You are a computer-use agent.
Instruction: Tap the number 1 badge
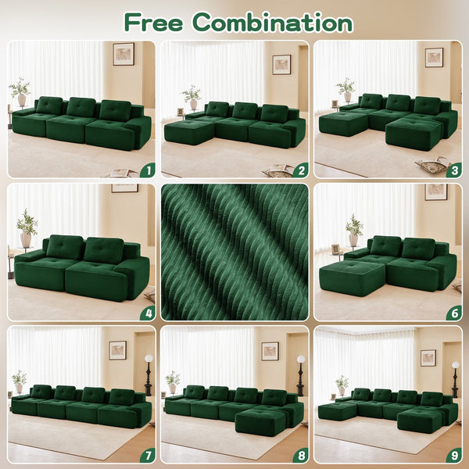(146, 169)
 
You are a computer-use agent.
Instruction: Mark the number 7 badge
(146, 453)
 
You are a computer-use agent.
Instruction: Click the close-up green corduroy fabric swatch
(234, 252)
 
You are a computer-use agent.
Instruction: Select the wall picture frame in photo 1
(123, 53)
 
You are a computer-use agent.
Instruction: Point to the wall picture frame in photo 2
(281, 64)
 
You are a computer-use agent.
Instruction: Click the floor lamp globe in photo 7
(148, 359)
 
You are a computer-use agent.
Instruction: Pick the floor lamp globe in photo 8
(301, 360)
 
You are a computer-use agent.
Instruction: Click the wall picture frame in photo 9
(428, 357)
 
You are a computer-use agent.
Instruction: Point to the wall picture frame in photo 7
(117, 349)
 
